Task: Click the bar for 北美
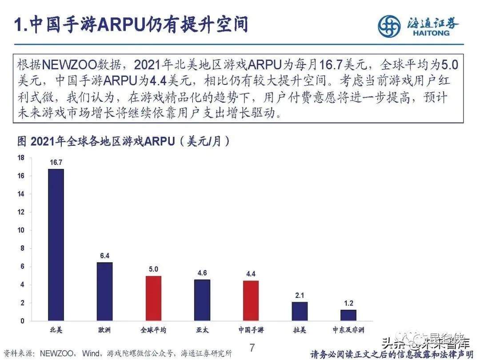pyautogui.click(x=56, y=244)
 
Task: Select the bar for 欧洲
pyautogui.click(x=104, y=292)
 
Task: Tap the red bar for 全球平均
pyautogui.click(x=153, y=298)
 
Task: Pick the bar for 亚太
pyautogui.click(x=202, y=300)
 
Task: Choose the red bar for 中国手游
pyautogui.click(x=251, y=301)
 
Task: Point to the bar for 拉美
pyautogui.click(x=300, y=312)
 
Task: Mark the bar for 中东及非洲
pyautogui.click(x=348, y=316)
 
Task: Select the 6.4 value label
pyautogui.click(x=104, y=256)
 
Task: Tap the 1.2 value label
pyautogui.click(x=348, y=304)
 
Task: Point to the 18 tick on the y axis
pyautogui.click(x=20, y=158)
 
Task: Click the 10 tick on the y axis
pyautogui.click(x=20, y=230)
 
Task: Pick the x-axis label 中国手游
pyautogui.click(x=251, y=330)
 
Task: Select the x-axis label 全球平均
pyautogui.click(x=153, y=330)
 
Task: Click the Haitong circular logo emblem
pyautogui.click(x=389, y=26)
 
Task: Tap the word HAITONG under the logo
pyautogui.click(x=431, y=33)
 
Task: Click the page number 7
pyautogui.click(x=252, y=348)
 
